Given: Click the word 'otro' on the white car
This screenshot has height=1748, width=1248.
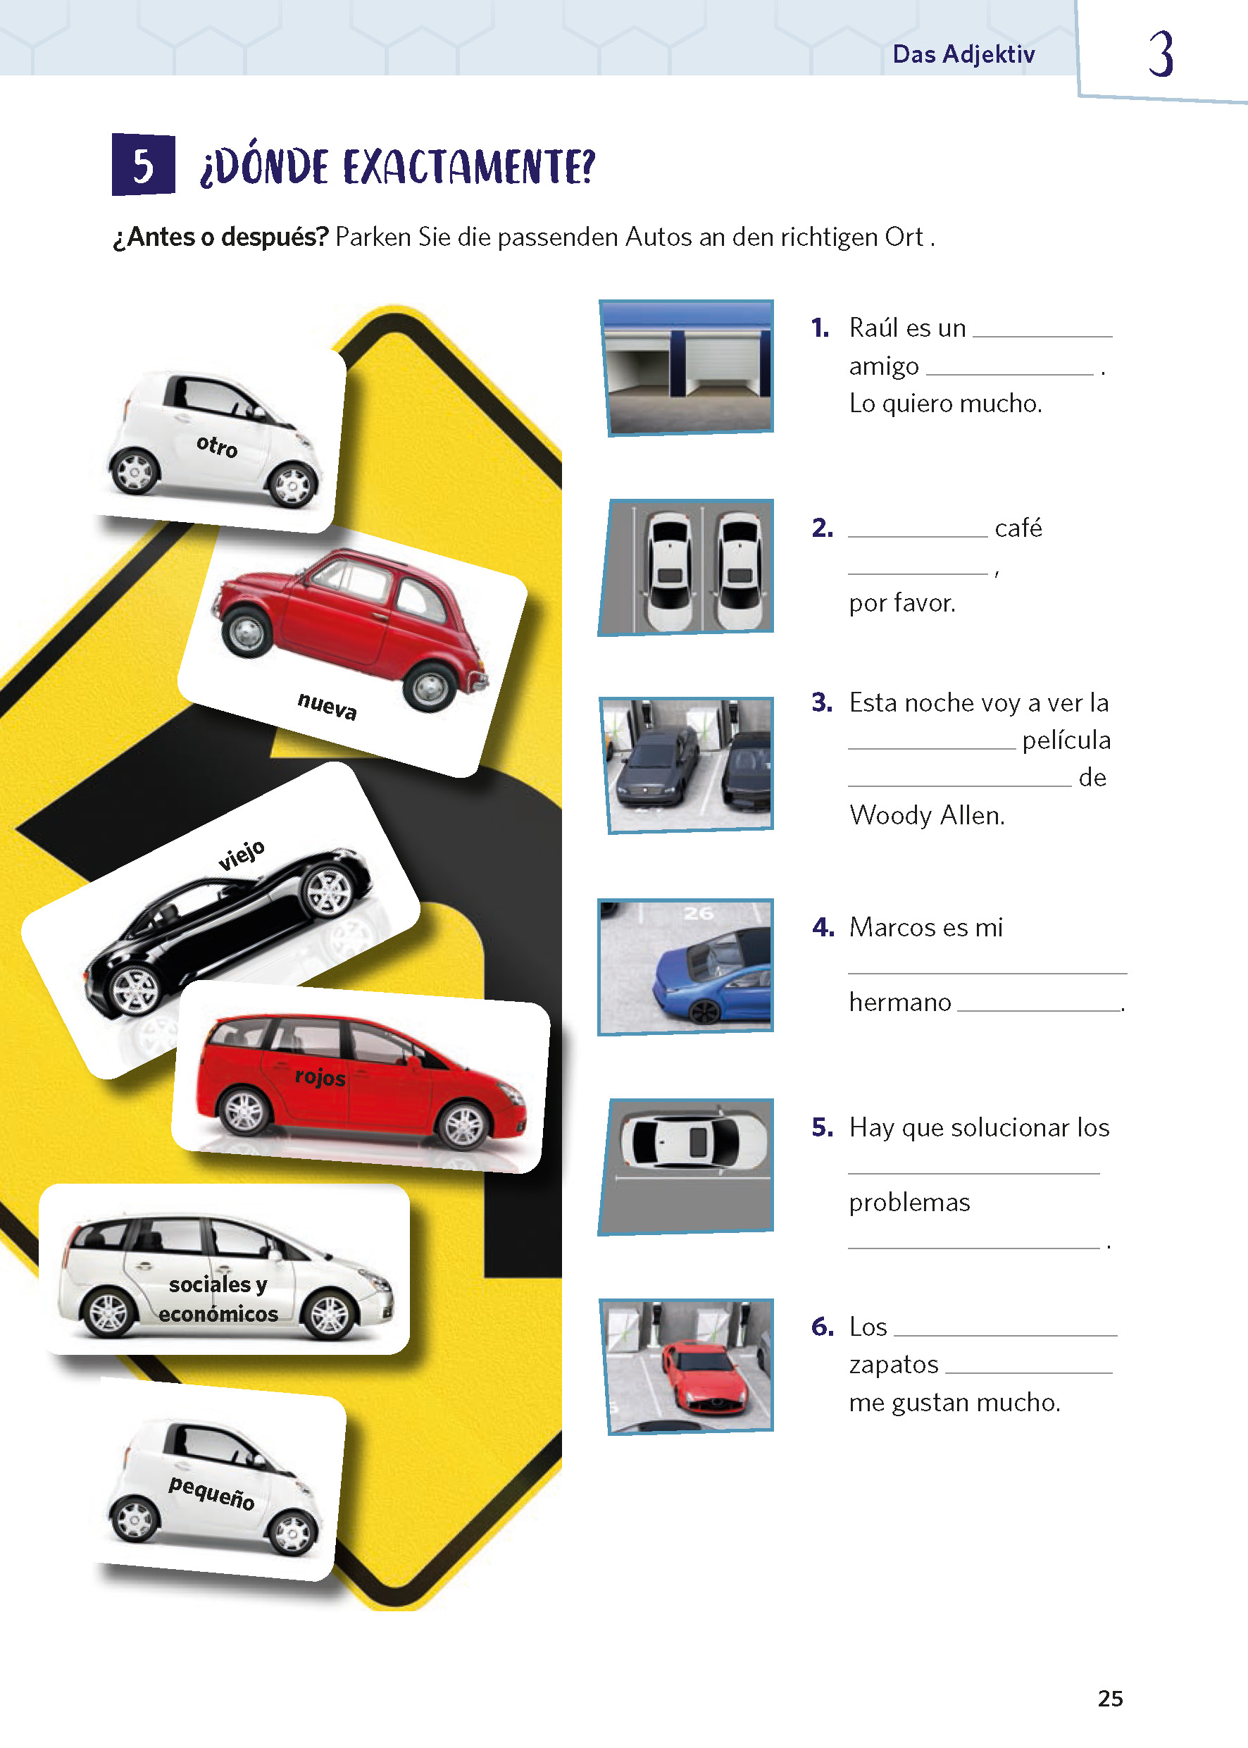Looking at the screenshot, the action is coord(217,446).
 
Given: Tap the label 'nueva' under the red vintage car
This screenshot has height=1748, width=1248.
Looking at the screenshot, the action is coord(327,705).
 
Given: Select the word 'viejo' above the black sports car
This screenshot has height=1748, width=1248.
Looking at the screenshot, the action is coord(242,855).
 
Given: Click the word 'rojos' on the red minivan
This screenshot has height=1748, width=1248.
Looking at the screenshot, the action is coord(320,1076).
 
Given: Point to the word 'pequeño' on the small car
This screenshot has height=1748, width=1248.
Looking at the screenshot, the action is coord(211,1493).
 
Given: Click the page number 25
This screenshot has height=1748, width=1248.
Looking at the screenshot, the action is coord(1111,1698).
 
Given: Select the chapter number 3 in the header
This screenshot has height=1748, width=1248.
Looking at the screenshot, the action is coord(1161,54).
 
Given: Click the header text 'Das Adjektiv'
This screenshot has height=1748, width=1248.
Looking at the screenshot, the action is coord(963,54).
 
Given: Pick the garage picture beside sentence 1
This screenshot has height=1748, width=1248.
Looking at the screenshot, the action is coord(686,368).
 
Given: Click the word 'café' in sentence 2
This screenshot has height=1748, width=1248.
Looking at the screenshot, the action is coord(1018,528).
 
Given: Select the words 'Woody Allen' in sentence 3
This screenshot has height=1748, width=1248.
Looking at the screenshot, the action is coord(927,814).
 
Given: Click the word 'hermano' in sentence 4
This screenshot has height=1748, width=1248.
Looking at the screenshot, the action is coord(900,1003).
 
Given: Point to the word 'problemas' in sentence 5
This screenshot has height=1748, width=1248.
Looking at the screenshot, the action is coord(909,1202).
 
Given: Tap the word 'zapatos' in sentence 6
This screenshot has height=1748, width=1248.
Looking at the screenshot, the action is coord(894,1365).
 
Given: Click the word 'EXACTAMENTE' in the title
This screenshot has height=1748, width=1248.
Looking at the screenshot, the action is coord(469,167).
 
